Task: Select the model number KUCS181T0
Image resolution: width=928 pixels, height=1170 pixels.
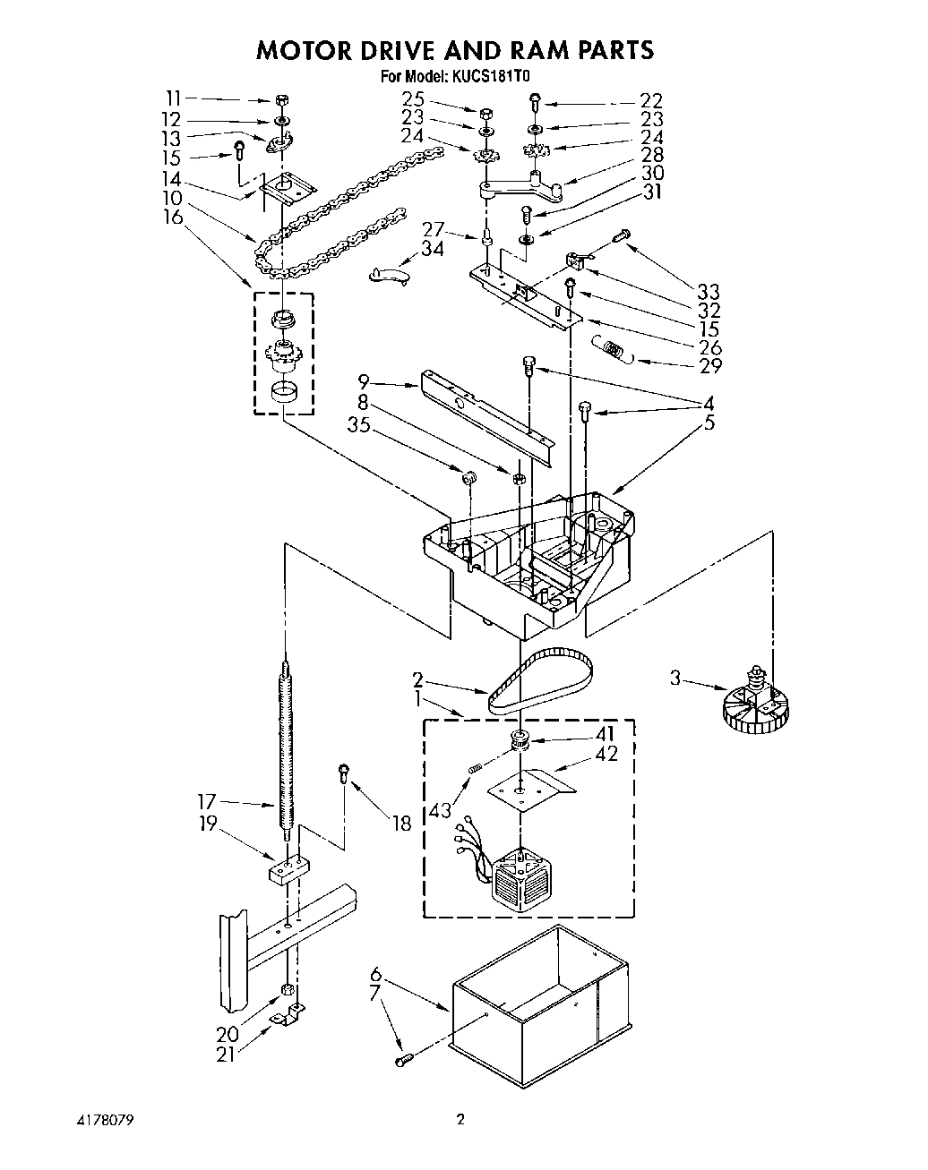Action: pos(498,77)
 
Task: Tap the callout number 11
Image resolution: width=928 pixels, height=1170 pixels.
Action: pos(173,98)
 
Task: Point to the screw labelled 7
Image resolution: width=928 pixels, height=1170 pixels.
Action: pos(404,1060)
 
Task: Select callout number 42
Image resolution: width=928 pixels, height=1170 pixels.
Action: pos(606,754)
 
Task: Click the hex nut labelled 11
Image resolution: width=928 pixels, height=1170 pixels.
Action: pos(281,99)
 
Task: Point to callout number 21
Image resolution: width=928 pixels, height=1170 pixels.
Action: pos(226,1055)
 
